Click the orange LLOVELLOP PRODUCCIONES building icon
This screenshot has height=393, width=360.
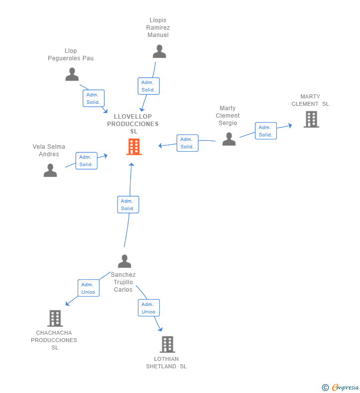coord(134,147)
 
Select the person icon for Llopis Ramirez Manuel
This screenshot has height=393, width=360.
coord(159,51)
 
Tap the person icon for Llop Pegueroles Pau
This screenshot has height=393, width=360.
coord(72,74)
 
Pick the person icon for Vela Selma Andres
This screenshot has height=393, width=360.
coord(50,171)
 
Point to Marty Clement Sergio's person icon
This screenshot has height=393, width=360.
coord(229,139)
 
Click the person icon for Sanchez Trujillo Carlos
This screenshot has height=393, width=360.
coord(124,261)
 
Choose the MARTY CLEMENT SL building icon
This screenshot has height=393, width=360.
coord(312,119)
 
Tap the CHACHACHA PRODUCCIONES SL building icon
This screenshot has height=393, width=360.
coord(55,318)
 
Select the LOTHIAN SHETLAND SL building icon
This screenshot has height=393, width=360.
coord(168,345)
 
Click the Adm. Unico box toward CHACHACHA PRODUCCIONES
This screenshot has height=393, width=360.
coord(89,288)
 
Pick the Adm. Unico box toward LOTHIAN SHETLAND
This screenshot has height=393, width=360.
coord(149,308)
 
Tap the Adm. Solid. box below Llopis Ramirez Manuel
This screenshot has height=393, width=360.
coord(148,86)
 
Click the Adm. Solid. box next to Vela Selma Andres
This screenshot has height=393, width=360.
coord(87,161)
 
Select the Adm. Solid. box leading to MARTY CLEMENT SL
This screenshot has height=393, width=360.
coord(266,131)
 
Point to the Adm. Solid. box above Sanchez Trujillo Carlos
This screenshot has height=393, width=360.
coord(128,205)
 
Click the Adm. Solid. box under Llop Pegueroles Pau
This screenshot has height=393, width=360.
coord(93,98)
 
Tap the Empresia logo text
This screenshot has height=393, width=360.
coord(345,387)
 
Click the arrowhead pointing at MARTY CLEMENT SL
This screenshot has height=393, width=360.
coord(290,126)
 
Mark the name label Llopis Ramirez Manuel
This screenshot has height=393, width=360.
coord(158,28)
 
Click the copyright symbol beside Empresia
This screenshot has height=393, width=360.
coord(325,388)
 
